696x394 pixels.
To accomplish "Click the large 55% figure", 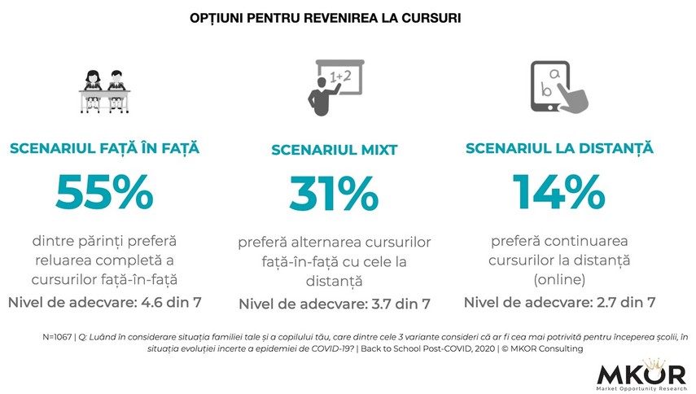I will click(x=104, y=192).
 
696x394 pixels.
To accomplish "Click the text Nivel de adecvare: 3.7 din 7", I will click(x=334, y=304).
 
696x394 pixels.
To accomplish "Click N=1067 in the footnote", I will click(x=56, y=336).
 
